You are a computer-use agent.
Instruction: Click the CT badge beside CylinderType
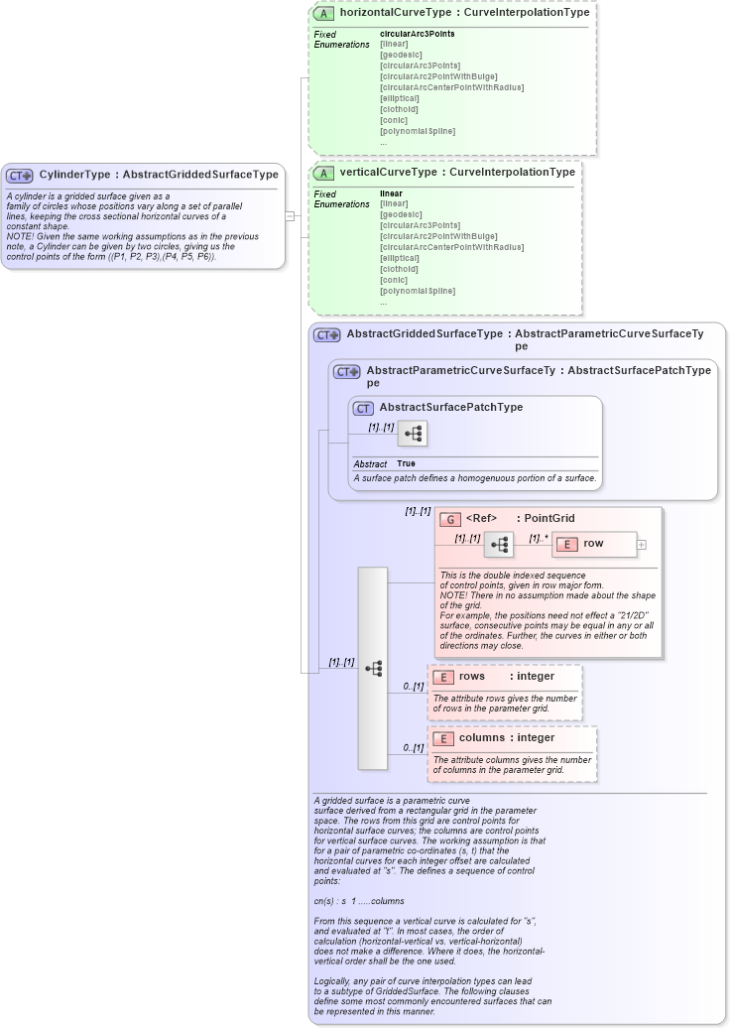[20, 175]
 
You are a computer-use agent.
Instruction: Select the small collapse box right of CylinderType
[290, 215]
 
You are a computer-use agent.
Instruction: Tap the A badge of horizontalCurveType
[323, 14]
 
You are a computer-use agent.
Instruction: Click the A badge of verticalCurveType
[323, 173]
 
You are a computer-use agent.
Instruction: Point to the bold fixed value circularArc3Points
[417, 34]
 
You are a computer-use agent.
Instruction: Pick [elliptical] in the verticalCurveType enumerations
[402, 258]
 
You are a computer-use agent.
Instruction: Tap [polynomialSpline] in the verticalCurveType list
[418, 291]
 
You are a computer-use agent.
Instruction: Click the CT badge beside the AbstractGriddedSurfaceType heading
[327, 335]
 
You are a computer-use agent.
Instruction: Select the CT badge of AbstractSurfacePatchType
[363, 408]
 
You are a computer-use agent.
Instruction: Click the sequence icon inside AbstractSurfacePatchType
[414, 434]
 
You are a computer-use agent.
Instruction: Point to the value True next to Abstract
[406, 463]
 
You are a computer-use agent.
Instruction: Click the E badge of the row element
[566, 544]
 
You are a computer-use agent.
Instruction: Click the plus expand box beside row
[642, 544]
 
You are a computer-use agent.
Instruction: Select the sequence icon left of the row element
[499, 545]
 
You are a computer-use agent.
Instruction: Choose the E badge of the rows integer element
[443, 677]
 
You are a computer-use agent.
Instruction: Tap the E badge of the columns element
[443, 738]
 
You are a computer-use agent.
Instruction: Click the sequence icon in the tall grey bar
[373, 669]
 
